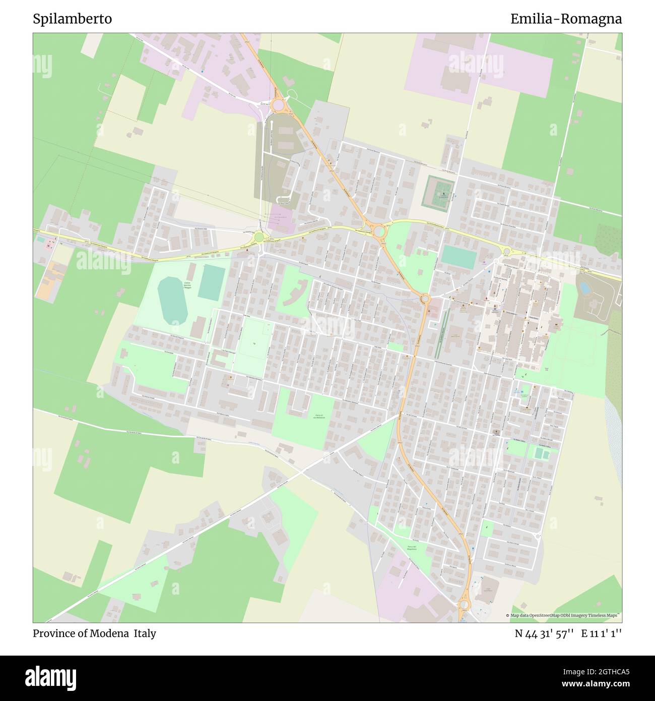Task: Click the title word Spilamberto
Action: click(x=73, y=19)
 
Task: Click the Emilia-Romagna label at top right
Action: click(x=566, y=19)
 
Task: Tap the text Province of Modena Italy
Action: click(x=94, y=633)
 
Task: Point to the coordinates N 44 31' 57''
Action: click(x=544, y=633)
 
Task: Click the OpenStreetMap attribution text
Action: click(x=564, y=615)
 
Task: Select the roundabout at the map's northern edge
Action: click(x=277, y=105)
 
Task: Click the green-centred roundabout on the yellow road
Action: click(x=259, y=237)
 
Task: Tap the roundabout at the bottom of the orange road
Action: click(x=464, y=604)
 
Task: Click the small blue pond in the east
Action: click(x=584, y=288)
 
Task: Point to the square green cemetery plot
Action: click(x=437, y=191)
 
